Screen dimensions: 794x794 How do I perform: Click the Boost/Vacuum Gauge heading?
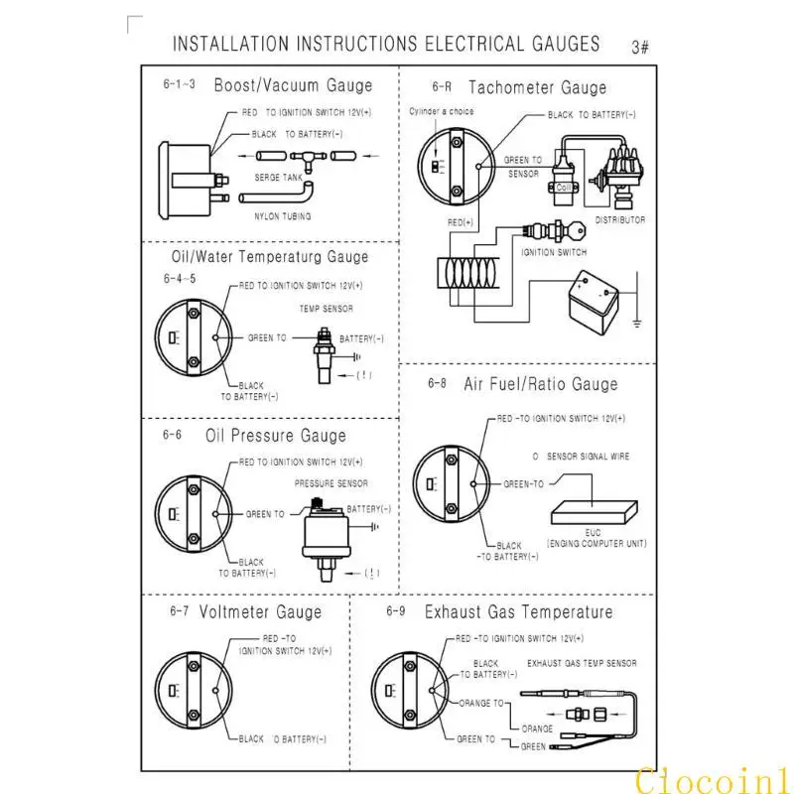[293, 86]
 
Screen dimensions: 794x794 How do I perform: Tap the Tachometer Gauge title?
[537, 88]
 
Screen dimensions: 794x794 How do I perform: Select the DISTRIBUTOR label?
[620, 220]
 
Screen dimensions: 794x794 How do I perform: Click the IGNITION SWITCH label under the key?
[555, 252]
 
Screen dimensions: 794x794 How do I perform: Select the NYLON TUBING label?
[283, 215]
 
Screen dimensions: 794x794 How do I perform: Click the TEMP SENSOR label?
[327, 309]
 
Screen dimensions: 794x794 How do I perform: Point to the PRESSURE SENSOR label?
[331, 483]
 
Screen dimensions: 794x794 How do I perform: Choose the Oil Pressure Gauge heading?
[276, 436]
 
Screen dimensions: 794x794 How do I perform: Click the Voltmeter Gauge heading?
[260, 612]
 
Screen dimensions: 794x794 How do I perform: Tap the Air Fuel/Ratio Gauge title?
[540, 384]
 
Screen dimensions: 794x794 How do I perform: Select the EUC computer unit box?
[593, 511]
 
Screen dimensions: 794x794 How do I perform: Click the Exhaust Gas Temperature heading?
[518, 612]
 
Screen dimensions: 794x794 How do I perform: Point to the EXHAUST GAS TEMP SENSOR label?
[582, 663]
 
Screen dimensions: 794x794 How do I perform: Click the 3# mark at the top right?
[639, 47]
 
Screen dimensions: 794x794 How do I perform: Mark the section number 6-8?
[437, 383]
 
